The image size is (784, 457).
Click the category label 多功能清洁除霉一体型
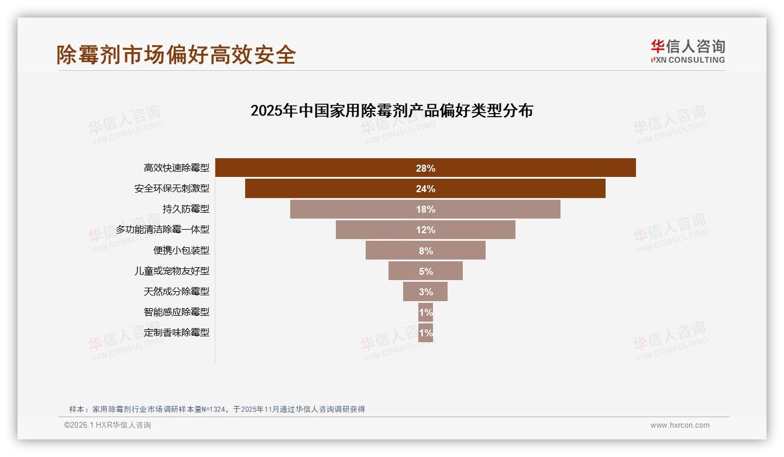(x=162, y=230)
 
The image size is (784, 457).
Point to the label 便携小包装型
(x=181, y=250)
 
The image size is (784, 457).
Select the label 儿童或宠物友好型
(x=171, y=271)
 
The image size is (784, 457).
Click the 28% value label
(x=425, y=168)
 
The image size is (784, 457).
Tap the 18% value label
(x=425, y=209)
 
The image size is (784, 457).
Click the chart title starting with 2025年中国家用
(x=391, y=111)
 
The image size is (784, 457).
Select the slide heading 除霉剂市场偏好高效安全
(x=176, y=54)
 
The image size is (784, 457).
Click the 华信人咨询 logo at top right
(x=687, y=51)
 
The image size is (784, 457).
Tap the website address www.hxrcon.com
(x=680, y=425)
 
